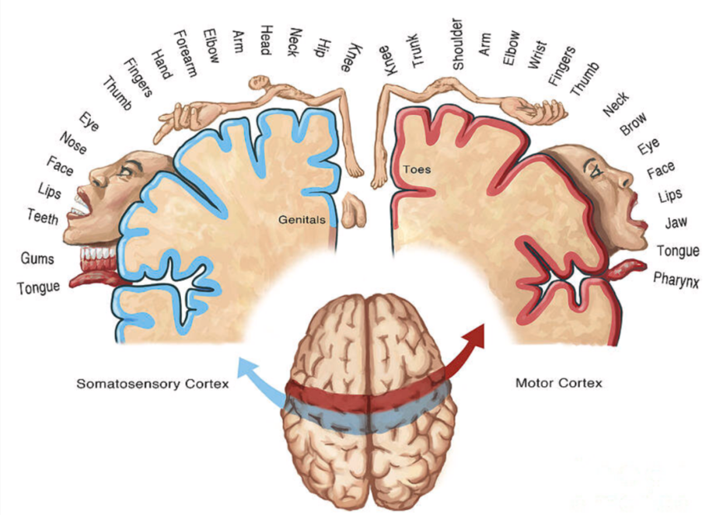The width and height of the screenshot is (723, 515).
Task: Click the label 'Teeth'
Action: pos(43,217)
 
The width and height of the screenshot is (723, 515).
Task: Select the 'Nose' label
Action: pos(74,143)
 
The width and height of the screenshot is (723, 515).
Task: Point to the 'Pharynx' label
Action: pos(676,279)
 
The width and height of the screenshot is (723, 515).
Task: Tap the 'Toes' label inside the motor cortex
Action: pos(416,168)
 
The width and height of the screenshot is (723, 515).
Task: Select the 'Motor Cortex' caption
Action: pos(558,383)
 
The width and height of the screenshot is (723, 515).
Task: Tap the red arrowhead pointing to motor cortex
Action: pos(474,335)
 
